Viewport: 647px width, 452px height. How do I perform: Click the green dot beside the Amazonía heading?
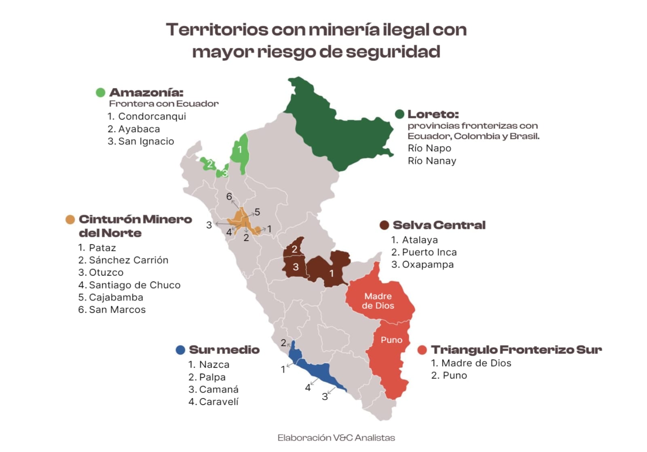click(x=100, y=93)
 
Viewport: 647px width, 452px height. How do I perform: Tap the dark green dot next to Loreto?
click(x=400, y=114)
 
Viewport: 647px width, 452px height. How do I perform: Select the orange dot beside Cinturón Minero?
click(x=70, y=219)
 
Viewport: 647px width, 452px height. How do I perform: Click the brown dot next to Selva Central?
click(x=384, y=225)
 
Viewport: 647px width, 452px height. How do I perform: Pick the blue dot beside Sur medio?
click(x=180, y=350)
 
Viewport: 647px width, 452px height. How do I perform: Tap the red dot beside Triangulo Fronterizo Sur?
click(x=422, y=350)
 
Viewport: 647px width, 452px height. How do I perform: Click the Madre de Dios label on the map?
click(x=378, y=301)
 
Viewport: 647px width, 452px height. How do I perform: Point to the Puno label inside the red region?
click(x=391, y=340)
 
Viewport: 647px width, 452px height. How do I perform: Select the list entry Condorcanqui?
click(x=152, y=116)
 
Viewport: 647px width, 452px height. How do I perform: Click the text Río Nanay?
click(x=432, y=161)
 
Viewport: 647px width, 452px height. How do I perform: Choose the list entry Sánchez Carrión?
click(x=128, y=260)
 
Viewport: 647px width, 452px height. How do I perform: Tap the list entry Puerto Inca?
click(x=429, y=252)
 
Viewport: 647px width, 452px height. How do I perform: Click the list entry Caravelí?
click(x=219, y=402)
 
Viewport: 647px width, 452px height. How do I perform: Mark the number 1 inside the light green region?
click(x=240, y=150)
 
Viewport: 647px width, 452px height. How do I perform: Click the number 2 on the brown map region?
click(x=294, y=249)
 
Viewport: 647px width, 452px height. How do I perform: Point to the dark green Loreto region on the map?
click(x=340, y=129)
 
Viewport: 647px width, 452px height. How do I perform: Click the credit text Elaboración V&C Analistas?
click(x=336, y=438)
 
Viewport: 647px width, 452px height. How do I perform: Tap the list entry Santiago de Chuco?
click(x=134, y=285)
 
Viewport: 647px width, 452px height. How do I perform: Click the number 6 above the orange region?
click(x=229, y=197)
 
